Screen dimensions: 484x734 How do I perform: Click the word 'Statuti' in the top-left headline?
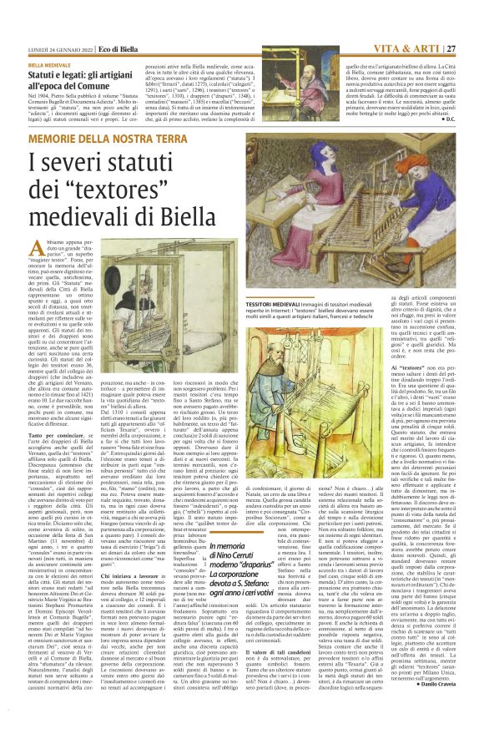pos(44,75)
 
